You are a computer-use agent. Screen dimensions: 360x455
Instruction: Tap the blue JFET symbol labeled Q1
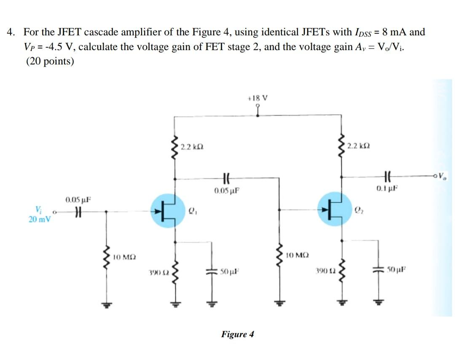point(168,210)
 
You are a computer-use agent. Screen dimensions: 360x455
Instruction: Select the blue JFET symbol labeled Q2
point(335,210)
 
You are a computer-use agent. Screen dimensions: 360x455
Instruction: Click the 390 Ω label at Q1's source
point(155,273)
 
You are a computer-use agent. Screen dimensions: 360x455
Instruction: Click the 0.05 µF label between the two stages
point(227,191)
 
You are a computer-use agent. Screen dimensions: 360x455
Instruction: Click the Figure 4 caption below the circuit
point(238,335)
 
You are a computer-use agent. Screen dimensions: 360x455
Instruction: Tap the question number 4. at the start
point(12,32)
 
